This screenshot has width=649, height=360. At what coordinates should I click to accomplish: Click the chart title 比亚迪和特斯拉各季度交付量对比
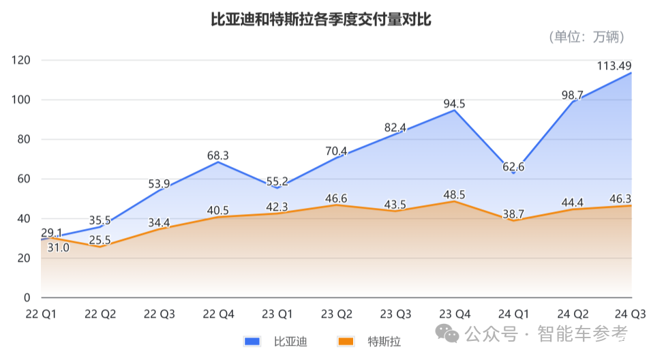(320, 20)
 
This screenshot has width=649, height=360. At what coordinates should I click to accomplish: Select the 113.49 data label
(614, 66)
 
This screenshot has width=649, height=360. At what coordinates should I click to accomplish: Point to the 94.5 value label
(454, 104)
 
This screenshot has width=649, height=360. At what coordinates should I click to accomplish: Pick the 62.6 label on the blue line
(513, 166)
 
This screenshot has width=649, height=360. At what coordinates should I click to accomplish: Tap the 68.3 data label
(218, 155)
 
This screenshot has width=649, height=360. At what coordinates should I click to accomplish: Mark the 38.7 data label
(513, 213)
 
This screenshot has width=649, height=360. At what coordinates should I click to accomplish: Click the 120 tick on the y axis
(22, 60)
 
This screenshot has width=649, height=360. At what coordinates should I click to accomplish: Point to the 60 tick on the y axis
(25, 179)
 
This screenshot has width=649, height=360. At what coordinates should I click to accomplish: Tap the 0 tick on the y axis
(27, 298)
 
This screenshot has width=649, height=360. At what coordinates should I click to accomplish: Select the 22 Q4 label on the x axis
(218, 314)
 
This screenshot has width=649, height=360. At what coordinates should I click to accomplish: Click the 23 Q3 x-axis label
(395, 314)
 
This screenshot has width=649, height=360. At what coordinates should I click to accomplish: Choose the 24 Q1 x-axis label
(513, 314)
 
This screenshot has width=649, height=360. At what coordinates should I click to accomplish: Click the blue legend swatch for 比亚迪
(253, 341)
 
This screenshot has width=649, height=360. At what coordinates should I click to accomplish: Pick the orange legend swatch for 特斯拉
(346, 341)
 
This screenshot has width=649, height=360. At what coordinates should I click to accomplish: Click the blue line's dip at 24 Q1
(513, 173)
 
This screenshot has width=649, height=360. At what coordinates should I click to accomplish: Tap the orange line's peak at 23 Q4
(455, 201)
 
